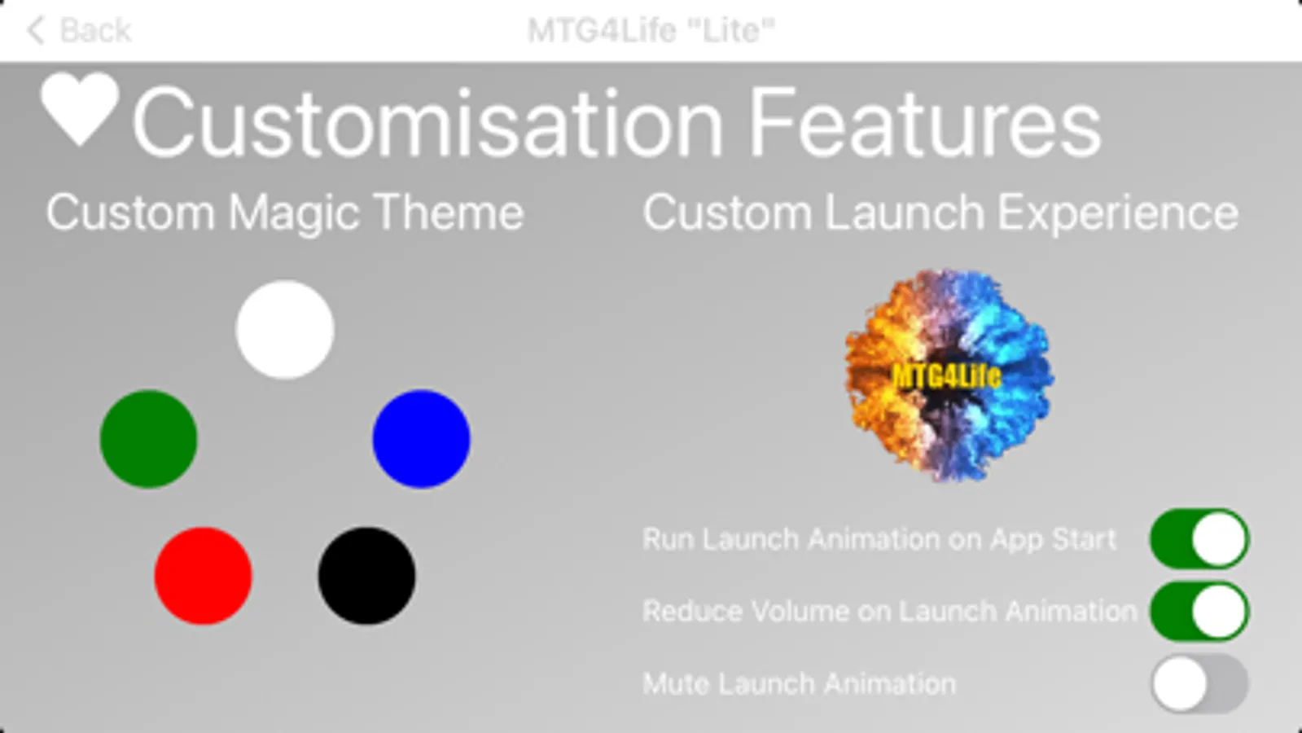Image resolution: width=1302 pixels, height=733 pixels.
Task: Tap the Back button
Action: [x=79, y=30]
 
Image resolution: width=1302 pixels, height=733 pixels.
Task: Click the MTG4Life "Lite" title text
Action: [x=651, y=30]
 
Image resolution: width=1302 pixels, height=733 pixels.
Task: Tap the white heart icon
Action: [x=81, y=108]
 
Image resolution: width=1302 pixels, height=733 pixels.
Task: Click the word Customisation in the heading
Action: [x=427, y=123]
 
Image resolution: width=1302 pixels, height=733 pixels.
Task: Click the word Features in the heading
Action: [x=925, y=123]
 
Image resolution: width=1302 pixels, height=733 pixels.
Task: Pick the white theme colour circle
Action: [x=285, y=330]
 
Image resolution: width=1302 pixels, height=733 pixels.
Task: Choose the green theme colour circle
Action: [x=149, y=439]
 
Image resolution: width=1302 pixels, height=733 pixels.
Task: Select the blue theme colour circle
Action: [x=422, y=439]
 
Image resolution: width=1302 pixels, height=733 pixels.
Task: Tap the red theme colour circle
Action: [x=204, y=576]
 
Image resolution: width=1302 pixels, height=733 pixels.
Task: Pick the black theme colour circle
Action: [x=366, y=576]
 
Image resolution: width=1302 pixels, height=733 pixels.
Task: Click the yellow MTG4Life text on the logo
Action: [x=947, y=377]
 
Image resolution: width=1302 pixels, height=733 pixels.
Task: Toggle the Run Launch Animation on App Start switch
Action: [x=1199, y=539]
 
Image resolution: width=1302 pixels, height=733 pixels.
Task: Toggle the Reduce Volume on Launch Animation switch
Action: [x=1199, y=611]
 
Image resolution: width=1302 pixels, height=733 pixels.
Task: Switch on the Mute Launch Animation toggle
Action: [x=1199, y=683]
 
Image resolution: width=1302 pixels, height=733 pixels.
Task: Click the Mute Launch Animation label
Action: [x=800, y=683]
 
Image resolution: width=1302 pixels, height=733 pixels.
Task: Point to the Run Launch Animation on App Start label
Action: [x=879, y=539]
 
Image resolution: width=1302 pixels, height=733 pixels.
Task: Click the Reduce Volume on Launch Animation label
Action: [x=890, y=612]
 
